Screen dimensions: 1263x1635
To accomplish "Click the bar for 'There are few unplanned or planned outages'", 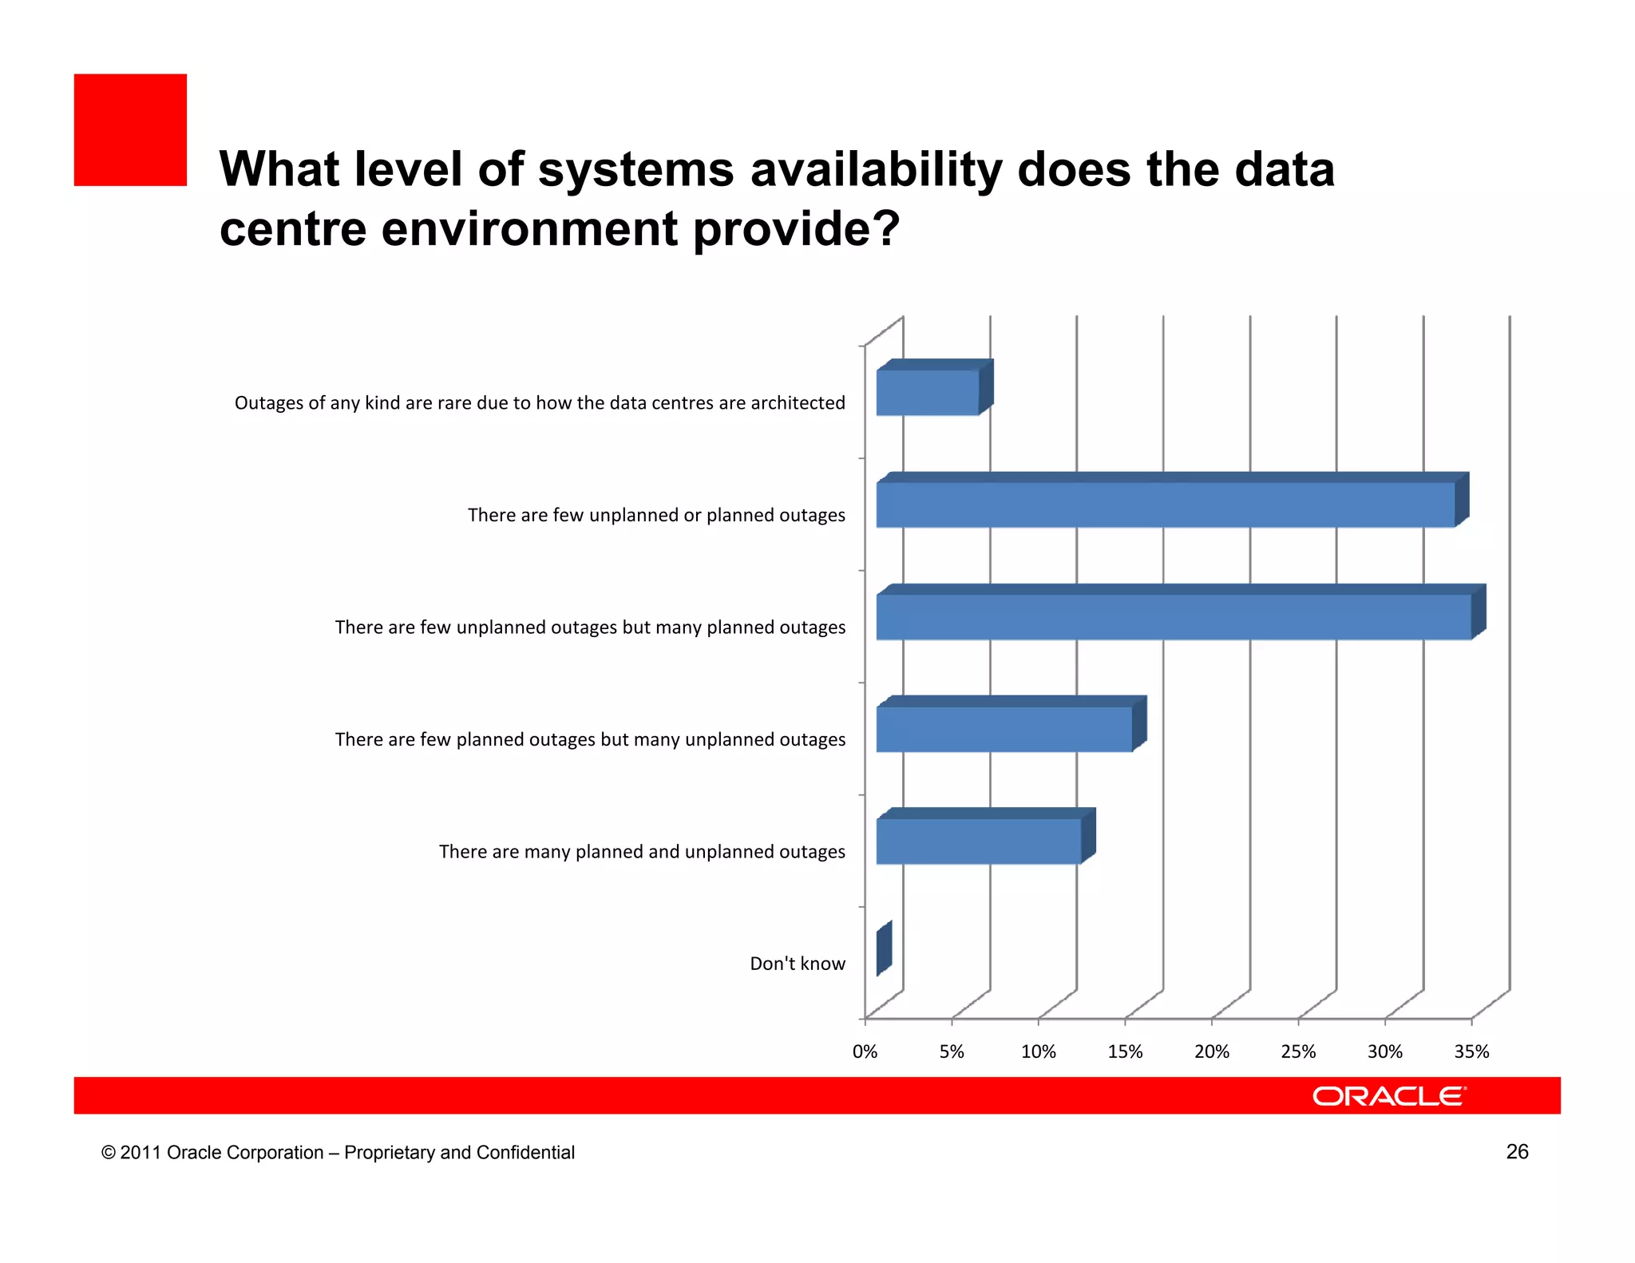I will tap(1166, 505).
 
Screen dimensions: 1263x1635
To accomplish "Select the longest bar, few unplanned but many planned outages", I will tap(1174, 617).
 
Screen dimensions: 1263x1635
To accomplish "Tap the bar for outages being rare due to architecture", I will tap(928, 393).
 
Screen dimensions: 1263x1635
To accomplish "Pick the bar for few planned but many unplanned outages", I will tap(1004, 729).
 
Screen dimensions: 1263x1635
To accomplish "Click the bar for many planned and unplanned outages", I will tap(979, 841).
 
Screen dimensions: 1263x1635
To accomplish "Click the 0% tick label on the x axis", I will tap(865, 1052).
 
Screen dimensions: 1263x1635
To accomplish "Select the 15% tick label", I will tap(1125, 1052).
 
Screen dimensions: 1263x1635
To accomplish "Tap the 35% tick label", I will tap(1471, 1052).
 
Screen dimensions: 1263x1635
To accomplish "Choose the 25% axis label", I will tap(1298, 1052).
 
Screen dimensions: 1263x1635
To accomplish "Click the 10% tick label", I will tap(1038, 1052).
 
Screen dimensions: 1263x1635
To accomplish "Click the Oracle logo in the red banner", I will tap(1389, 1096).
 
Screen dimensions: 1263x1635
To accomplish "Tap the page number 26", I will tap(1517, 1151).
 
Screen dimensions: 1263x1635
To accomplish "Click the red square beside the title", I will tap(130, 130).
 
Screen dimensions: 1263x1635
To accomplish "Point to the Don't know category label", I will tap(797, 964).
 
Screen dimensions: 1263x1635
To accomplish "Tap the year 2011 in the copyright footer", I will tap(141, 1153).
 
